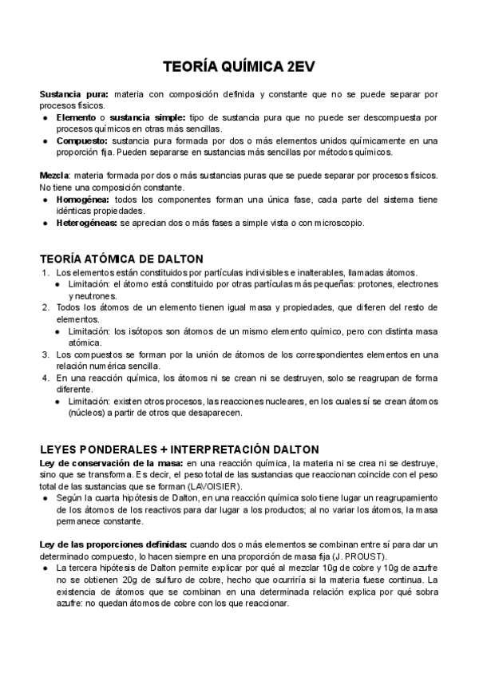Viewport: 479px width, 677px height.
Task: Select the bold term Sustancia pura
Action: tap(74, 94)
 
